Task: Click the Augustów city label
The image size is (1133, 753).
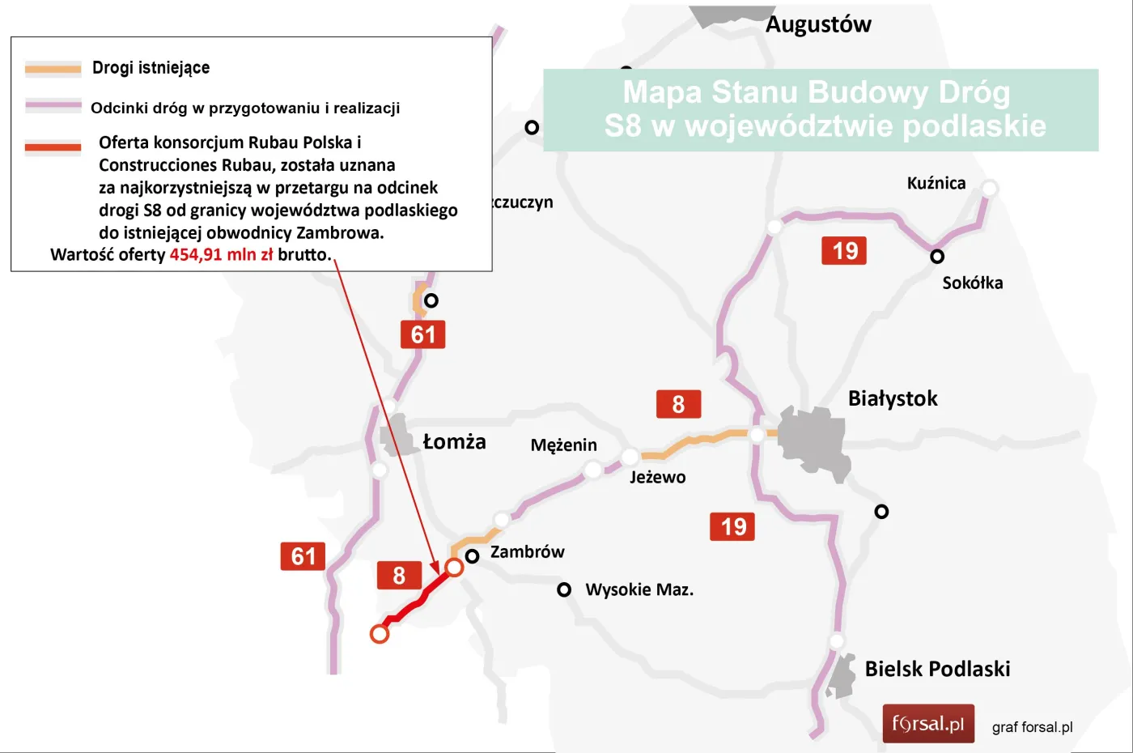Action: tap(818, 24)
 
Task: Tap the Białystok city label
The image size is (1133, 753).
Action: tap(893, 398)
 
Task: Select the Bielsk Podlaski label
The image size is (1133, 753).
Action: tap(937, 669)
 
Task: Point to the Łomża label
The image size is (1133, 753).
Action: tap(454, 441)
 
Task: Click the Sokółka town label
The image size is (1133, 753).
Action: tap(972, 283)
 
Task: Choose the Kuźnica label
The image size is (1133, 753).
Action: tap(936, 183)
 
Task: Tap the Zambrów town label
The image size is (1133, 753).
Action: tap(527, 552)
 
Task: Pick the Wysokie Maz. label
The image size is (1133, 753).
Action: tap(639, 589)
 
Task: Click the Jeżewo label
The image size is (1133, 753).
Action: tap(657, 477)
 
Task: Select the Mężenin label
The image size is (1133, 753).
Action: tap(563, 445)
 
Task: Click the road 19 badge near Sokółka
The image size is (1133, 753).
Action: tap(844, 251)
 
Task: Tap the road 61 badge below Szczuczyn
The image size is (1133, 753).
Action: tap(422, 334)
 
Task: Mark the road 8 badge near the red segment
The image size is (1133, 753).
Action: tap(399, 576)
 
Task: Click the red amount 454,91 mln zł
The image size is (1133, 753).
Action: tap(221, 255)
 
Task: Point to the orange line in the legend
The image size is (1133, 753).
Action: tap(53, 69)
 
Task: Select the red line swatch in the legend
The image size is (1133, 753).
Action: tap(53, 147)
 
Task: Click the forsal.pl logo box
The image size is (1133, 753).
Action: tap(928, 724)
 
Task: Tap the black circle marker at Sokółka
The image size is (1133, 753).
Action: tap(937, 257)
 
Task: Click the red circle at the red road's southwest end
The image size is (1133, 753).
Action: tap(380, 634)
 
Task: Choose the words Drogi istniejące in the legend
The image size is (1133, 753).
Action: tap(151, 68)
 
